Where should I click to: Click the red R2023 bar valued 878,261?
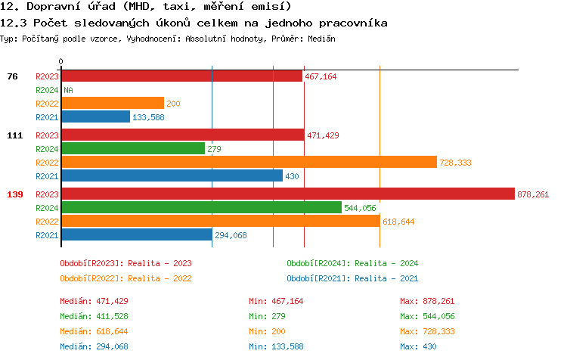[x=287, y=194]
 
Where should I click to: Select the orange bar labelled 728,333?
[x=249, y=162]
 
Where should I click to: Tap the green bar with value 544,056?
[x=201, y=207]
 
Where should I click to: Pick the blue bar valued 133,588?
[x=95, y=117]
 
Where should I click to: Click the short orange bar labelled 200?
[x=112, y=103]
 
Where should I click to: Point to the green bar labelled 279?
[x=132, y=149]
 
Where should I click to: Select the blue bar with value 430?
[x=172, y=176]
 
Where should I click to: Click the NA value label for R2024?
[x=68, y=90]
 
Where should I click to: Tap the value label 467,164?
[x=321, y=76]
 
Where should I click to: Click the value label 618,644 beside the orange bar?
[x=398, y=222]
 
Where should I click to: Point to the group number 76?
[x=12, y=76]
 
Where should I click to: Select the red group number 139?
[x=14, y=194]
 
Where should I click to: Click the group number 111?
[x=14, y=135]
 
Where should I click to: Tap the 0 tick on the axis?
[x=61, y=61]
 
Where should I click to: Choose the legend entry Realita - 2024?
[x=352, y=263]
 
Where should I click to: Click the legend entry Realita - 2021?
[x=352, y=278]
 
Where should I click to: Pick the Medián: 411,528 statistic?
[x=94, y=316]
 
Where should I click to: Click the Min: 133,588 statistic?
[x=276, y=346]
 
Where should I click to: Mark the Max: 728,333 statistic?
[x=427, y=331]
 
